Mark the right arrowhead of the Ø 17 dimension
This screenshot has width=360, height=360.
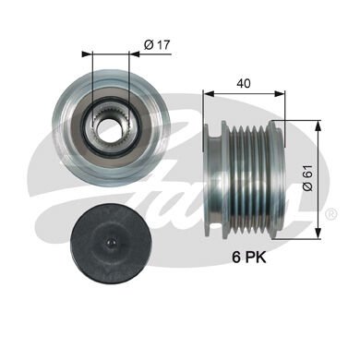123,54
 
